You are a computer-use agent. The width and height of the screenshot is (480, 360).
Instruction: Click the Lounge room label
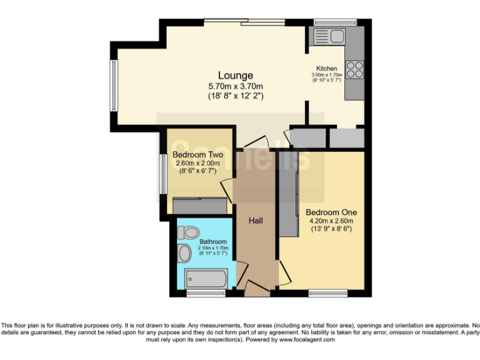point(236,76)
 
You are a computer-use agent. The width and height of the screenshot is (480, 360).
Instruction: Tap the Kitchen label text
point(326,69)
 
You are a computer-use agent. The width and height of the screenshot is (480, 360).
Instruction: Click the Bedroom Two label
point(197,155)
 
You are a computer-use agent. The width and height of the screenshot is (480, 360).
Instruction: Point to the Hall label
point(256,221)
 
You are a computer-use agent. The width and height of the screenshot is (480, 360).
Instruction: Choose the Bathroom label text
point(213,241)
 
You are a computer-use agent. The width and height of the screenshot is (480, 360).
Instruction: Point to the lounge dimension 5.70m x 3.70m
point(236,87)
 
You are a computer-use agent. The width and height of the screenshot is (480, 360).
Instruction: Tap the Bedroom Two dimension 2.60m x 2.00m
point(197,163)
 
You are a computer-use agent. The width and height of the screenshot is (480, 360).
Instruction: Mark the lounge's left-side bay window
point(114,84)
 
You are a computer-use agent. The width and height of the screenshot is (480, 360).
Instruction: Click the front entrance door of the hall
point(256,288)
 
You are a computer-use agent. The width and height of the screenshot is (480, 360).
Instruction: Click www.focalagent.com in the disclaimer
point(307,340)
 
